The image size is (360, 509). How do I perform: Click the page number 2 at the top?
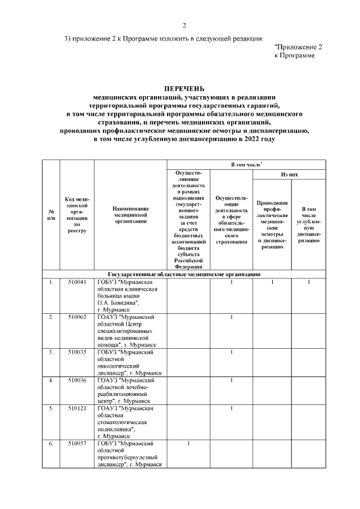pos(184,25)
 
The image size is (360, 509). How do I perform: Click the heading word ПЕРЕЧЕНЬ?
pos(184,89)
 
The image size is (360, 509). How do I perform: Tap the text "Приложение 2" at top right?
pos(298,48)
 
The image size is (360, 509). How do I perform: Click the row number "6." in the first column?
pos(51,444)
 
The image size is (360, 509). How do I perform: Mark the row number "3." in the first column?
pos(51,352)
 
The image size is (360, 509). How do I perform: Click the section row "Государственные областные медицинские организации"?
pos(184,274)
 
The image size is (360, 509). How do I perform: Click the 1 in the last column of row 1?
pos(308,282)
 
